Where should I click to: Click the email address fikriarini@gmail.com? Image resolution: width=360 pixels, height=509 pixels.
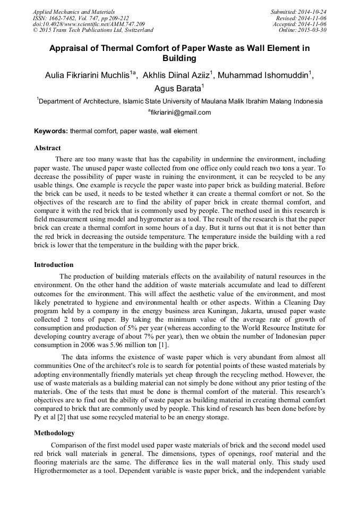pos(181,113)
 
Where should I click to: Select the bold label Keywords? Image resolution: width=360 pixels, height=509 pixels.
pos(51,131)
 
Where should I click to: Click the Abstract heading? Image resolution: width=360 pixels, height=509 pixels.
pos(47,148)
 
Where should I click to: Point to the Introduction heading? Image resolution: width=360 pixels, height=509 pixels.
pos(54,265)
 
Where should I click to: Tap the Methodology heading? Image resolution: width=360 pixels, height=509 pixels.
pos(55,433)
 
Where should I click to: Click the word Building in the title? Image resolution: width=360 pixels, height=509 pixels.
pos(179,58)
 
